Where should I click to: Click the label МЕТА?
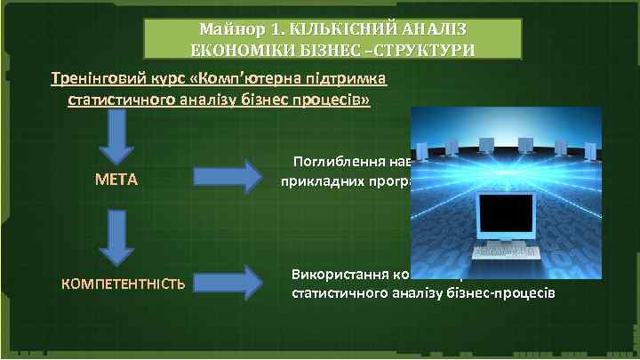[116, 180]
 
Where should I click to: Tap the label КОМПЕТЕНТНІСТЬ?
[123, 284]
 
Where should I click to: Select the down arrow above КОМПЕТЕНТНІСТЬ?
[116, 239]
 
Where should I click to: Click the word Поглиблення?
[337, 162]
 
